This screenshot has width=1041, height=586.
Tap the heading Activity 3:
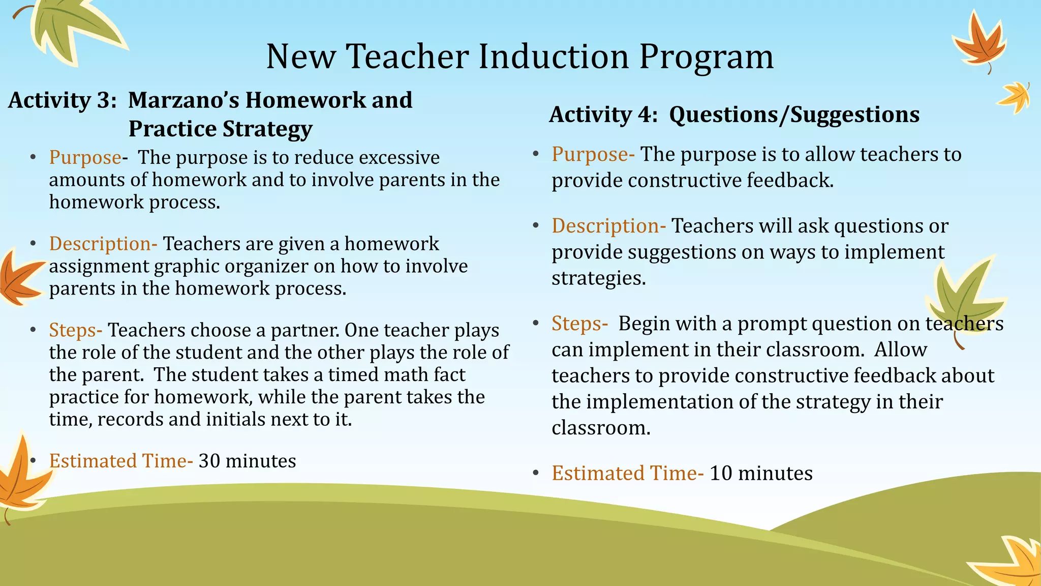62,100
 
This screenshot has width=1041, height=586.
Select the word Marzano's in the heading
183,100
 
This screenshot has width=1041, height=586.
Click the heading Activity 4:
603,114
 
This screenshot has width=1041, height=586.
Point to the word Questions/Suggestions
794,114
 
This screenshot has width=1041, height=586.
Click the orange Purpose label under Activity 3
85,157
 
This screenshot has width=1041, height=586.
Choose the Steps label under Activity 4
576,324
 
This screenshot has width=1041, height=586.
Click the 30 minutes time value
247,461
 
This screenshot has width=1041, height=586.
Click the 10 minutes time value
761,473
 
